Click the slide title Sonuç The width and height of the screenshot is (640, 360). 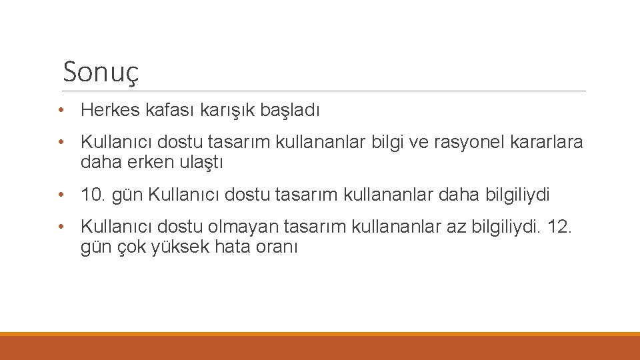point(101,72)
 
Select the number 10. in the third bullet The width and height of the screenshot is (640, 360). point(93,195)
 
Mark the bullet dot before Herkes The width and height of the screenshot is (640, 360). point(61,111)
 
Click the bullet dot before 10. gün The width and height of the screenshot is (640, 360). point(61,195)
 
